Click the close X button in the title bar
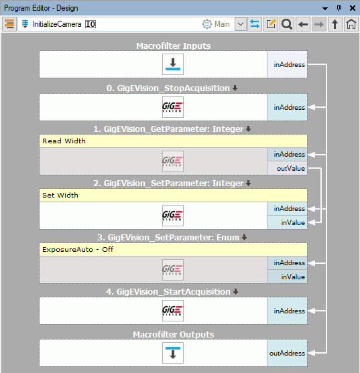[x=353, y=8]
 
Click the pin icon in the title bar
[x=339, y=8]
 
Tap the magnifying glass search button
[x=287, y=24]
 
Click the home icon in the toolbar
[x=351, y=24]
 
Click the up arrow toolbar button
[x=335, y=24]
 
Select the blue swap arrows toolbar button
[x=255, y=24]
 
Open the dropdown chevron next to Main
[x=241, y=24]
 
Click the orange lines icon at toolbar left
[x=9, y=24]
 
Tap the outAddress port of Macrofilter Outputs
[x=287, y=354]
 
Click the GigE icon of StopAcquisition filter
[x=173, y=107]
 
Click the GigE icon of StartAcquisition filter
[x=173, y=311]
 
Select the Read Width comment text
[x=64, y=141]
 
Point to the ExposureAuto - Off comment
[x=78, y=250]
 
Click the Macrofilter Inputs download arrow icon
[x=173, y=64]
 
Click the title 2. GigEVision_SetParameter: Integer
[x=168, y=183]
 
